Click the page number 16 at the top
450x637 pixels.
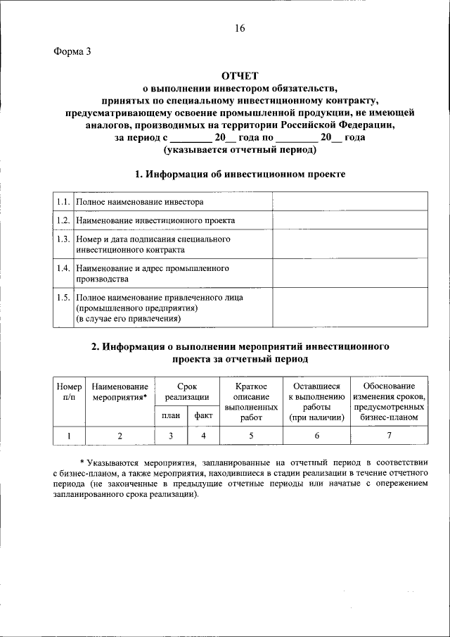[240, 28]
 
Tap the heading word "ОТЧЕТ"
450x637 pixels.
[240, 76]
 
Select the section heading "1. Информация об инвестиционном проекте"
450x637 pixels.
[240, 174]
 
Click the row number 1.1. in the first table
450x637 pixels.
[63, 202]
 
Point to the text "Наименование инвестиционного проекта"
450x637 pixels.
[155, 220]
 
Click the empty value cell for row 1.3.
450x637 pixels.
[349, 244]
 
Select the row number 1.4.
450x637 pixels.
[63, 268]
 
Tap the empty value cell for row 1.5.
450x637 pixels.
[349, 308]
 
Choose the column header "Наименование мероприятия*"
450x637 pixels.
[120, 392]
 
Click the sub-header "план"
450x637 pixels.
[171, 416]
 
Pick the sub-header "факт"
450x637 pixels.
[204, 416]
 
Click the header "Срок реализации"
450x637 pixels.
[187, 392]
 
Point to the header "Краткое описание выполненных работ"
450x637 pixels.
[251, 402]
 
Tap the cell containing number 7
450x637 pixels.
[389, 436]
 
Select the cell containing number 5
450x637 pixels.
[251, 436]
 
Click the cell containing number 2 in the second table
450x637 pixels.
[120, 436]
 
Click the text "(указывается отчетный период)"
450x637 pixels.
[240, 150]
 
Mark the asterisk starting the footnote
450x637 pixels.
[81, 462]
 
